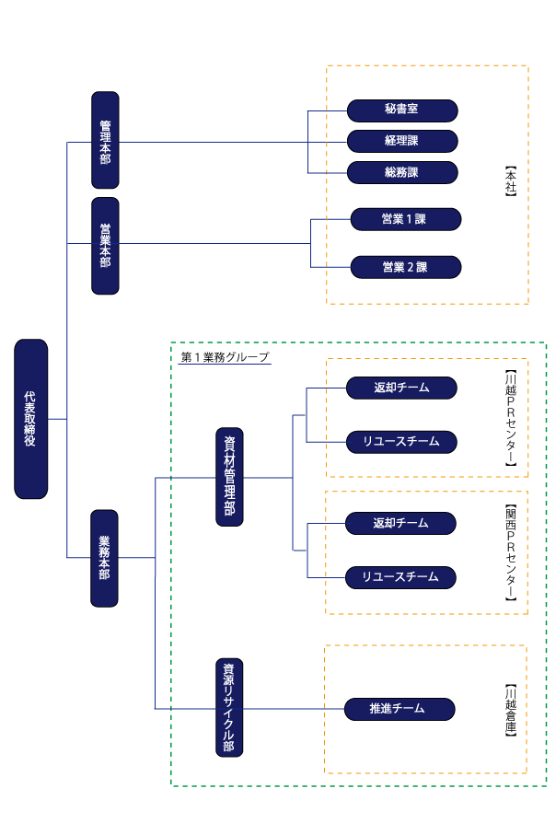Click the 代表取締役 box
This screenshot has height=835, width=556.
click(x=31, y=419)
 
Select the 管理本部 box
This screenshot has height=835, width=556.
click(x=105, y=140)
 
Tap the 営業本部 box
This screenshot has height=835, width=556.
click(x=105, y=245)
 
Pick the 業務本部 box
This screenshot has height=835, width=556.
click(x=104, y=558)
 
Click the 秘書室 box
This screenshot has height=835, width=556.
click(x=401, y=110)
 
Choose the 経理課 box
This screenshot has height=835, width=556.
click(x=401, y=141)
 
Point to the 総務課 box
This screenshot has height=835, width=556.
click(x=401, y=172)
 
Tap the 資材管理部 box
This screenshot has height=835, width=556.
click(x=229, y=477)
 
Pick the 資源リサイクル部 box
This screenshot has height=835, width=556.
click(x=229, y=708)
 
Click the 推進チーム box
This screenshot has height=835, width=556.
click(x=400, y=709)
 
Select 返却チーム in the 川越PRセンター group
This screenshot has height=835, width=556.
click(x=400, y=388)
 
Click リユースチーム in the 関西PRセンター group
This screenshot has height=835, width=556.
click(x=400, y=577)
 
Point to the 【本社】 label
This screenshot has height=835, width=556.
click(x=511, y=181)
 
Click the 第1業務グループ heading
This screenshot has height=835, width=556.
click(x=225, y=356)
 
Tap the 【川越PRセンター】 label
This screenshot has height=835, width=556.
click(x=511, y=418)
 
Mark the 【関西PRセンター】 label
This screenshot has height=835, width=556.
click(x=511, y=552)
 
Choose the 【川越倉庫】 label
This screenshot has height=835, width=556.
click(x=511, y=710)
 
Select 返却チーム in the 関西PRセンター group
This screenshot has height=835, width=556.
click(x=400, y=523)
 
